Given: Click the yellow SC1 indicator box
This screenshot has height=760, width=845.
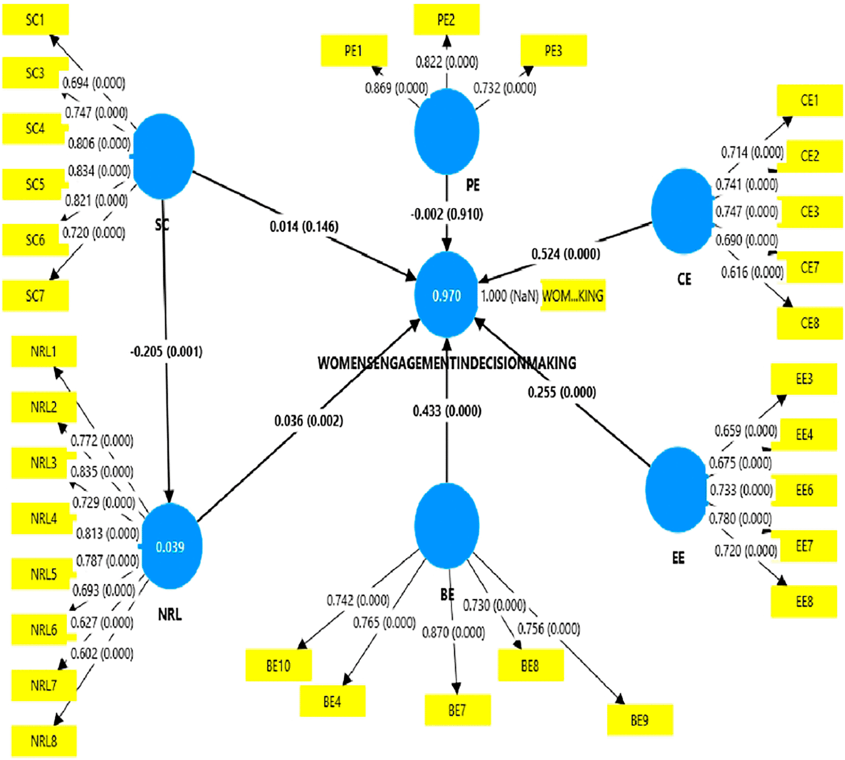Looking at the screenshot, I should [35, 20].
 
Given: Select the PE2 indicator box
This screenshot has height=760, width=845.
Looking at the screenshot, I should [446, 20].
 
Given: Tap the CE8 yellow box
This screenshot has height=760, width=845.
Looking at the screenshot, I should [809, 323].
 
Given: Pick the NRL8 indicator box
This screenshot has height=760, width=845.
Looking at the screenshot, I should [44, 741].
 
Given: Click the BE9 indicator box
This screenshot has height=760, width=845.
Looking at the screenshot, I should [640, 720].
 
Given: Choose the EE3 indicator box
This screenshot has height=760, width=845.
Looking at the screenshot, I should [804, 379].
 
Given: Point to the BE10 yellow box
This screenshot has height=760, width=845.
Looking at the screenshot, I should [278, 666].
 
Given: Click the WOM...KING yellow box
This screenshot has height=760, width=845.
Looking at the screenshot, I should [573, 295].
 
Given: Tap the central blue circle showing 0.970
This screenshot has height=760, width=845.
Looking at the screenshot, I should [447, 295].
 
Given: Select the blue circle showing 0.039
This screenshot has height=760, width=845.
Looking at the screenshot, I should [171, 547].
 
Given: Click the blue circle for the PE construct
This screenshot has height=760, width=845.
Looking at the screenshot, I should [447, 132].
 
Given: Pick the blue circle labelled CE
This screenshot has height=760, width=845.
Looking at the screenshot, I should [682, 211].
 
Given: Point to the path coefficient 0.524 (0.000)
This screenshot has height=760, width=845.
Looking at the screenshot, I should [566, 254].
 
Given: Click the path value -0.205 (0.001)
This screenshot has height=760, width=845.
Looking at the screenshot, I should [166, 351].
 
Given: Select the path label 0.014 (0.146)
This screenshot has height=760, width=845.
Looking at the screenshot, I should [304, 226].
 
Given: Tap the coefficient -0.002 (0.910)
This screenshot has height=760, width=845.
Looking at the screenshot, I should [447, 214].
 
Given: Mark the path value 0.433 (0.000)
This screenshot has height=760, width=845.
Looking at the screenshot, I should [447, 411].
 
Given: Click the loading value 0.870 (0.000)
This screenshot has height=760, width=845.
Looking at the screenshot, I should [453, 633].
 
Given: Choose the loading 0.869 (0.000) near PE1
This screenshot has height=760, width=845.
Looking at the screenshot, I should [396, 88].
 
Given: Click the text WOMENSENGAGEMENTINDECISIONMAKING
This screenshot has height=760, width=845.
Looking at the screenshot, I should [447, 363].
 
